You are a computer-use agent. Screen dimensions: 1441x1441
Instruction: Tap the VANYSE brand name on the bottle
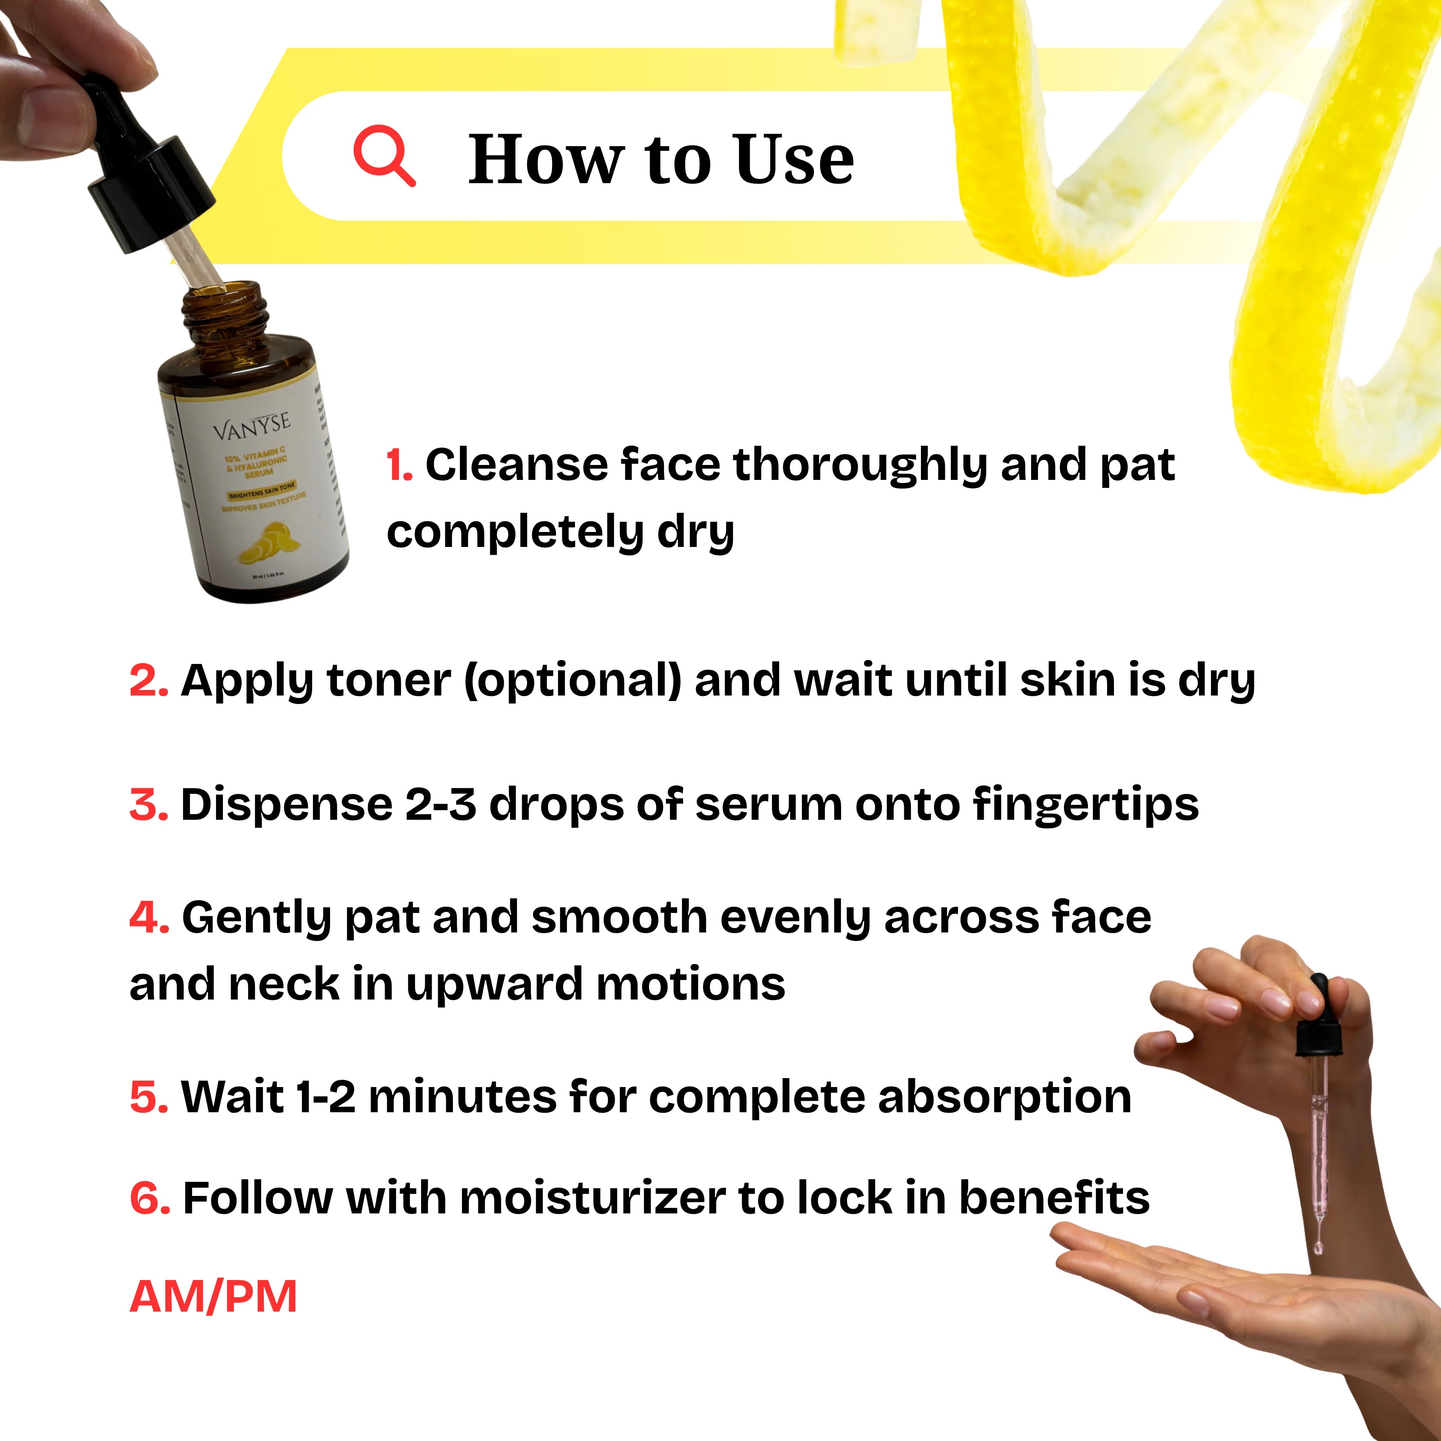click(x=251, y=426)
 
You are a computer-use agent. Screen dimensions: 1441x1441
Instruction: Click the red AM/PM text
click(x=213, y=1296)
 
